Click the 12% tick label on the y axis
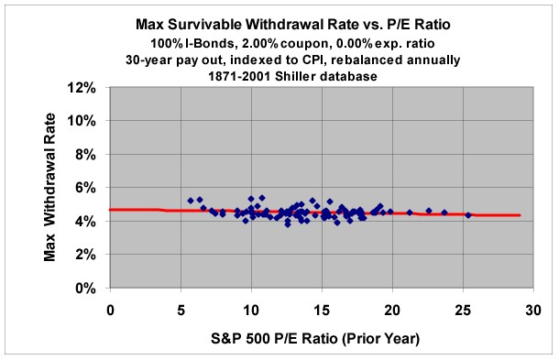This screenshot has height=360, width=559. [x=84, y=88]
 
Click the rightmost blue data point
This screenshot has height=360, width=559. [x=468, y=215]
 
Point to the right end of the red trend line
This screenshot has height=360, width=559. [x=521, y=215]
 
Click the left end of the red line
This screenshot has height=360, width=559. [x=111, y=210]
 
